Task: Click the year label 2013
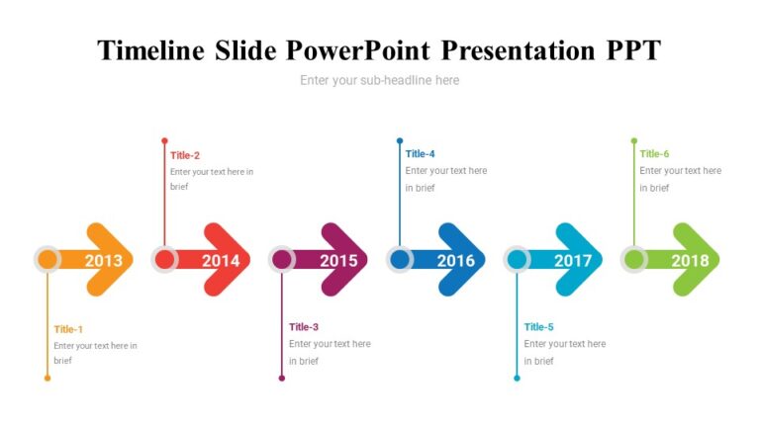(x=104, y=261)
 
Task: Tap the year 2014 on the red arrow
(x=221, y=261)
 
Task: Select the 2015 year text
(x=338, y=261)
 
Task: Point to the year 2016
(x=455, y=261)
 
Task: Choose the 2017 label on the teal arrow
(x=573, y=261)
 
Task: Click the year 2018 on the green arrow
(x=690, y=261)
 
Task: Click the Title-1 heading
(x=68, y=329)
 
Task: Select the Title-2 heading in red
(x=185, y=155)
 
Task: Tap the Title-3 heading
(x=304, y=327)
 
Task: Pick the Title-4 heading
(x=420, y=153)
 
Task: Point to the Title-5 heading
(x=538, y=327)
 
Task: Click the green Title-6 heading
(x=654, y=153)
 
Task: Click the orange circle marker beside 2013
(x=47, y=260)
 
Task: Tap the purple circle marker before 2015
(x=282, y=260)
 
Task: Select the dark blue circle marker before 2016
(x=400, y=260)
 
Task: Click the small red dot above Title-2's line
(x=164, y=141)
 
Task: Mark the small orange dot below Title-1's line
(x=47, y=379)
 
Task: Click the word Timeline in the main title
(x=152, y=50)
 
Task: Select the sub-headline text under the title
(x=380, y=80)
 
